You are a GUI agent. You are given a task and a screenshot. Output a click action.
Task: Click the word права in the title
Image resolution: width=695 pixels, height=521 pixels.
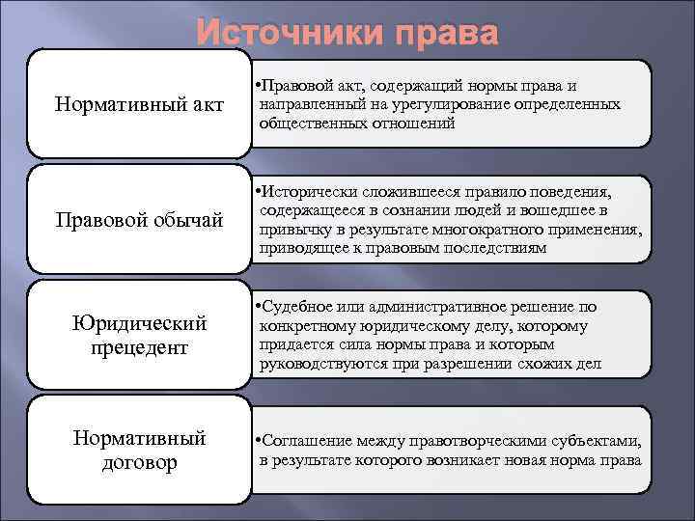[x=440, y=34]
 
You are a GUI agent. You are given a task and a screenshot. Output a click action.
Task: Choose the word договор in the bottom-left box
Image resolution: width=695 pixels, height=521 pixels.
[x=140, y=462]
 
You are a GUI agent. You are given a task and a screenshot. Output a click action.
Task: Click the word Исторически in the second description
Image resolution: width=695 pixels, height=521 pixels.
[x=311, y=192]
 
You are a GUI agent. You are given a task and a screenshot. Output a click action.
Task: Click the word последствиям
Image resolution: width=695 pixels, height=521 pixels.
[x=491, y=248]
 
